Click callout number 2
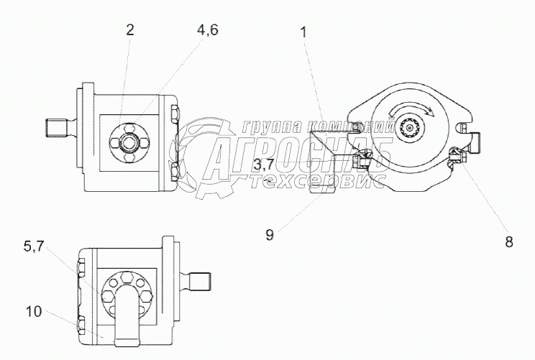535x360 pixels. tap(129, 30)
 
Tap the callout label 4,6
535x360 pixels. tap(207, 30)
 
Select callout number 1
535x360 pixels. tap(303, 33)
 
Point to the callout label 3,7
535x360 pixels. tap(263, 165)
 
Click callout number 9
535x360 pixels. tap(270, 235)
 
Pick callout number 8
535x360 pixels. tap(509, 242)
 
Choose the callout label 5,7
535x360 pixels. tap(34, 246)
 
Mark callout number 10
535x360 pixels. tap(33, 312)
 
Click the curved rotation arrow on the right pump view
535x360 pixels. tap(412, 110)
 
